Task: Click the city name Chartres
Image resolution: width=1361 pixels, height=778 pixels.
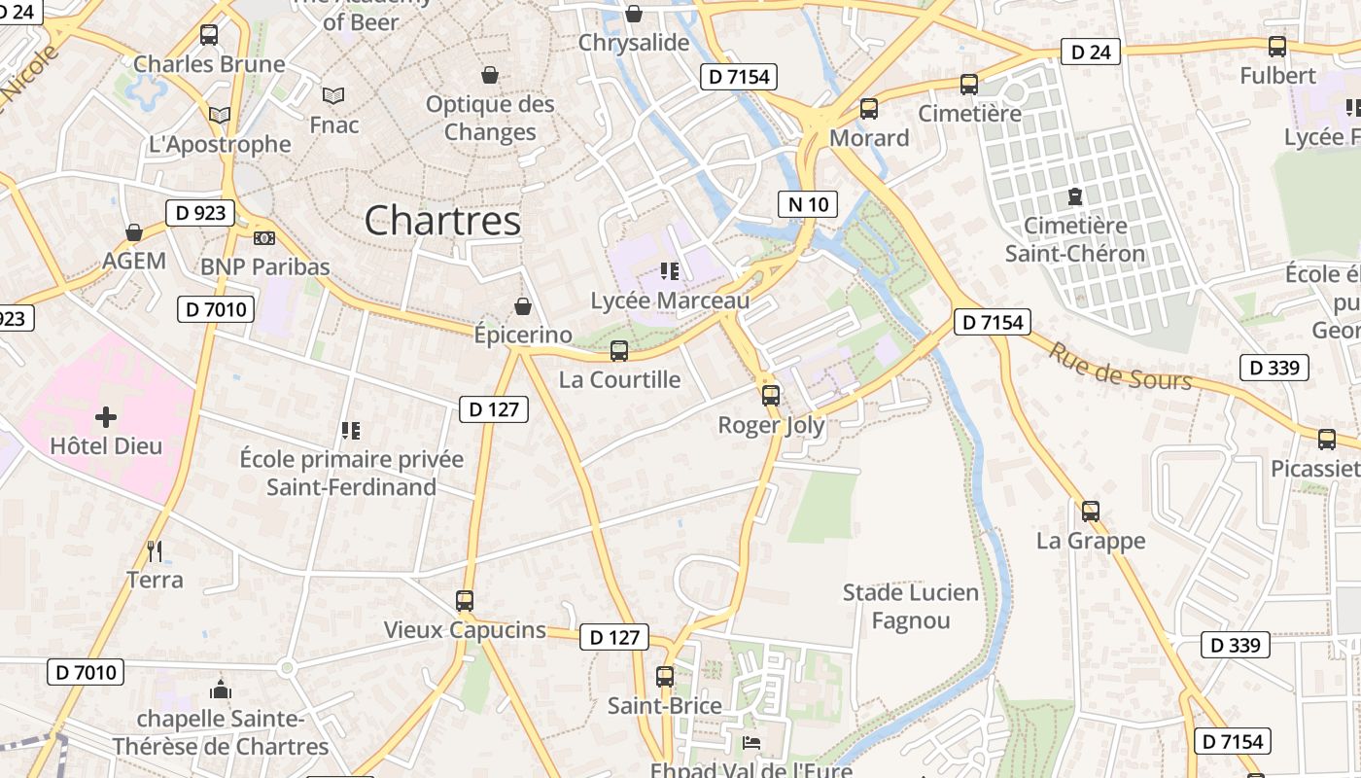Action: click(442, 221)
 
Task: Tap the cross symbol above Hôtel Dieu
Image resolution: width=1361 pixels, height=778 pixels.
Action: click(106, 417)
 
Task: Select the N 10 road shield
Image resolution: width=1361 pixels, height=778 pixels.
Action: click(808, 204)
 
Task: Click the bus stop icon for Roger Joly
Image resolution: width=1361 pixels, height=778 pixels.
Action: click(771, 396)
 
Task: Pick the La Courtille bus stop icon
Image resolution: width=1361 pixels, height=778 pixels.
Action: click(619, 351)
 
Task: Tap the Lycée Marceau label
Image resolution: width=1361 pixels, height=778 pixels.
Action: click(670, 301)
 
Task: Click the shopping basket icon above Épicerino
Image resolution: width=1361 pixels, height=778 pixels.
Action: click(523, 307)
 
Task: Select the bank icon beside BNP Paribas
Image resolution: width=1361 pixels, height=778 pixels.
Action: click(263, 238)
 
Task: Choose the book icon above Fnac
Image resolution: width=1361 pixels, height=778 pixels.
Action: click(333, 95)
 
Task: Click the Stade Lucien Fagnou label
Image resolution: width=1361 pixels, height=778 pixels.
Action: click(911, 606)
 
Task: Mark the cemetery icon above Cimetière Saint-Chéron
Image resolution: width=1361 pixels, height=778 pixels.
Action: click(1075, 196)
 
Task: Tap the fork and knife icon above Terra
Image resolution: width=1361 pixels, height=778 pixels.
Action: click(155, 551)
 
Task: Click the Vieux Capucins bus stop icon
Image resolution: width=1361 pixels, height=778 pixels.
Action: click(465, 601)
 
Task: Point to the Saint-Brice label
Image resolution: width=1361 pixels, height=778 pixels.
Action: click(665, 705)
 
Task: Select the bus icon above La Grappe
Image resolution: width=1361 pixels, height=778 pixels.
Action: click(1091, 511)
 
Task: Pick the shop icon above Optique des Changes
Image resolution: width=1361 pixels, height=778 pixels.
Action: click(490, 75)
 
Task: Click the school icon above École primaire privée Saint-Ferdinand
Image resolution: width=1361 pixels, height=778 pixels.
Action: click(351, 430)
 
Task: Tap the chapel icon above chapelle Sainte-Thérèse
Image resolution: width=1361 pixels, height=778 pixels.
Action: click(221, 690)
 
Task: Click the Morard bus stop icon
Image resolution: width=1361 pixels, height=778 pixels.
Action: click(869, 109)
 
